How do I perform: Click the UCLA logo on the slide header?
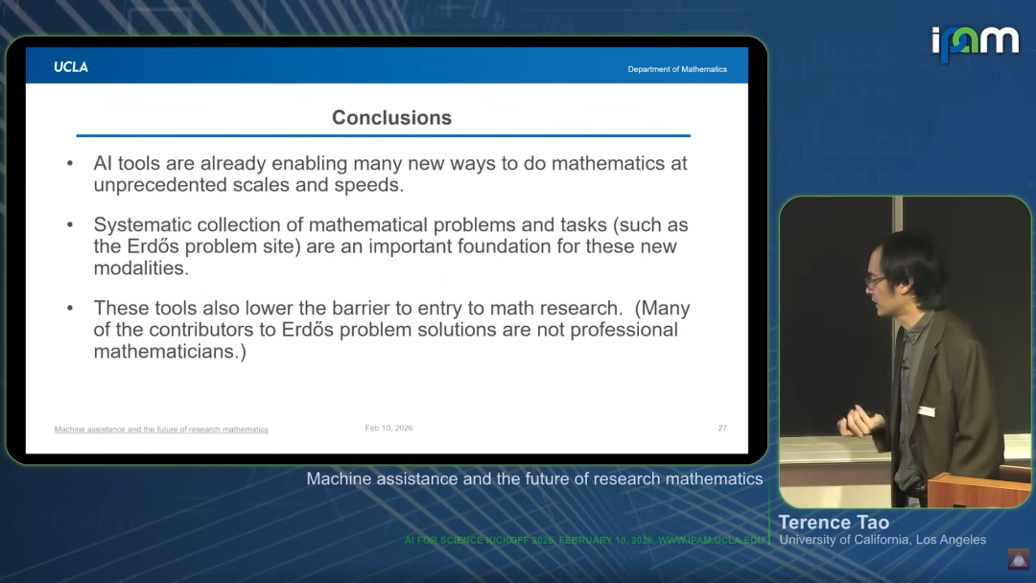pyautogui.click(x=71, y=67)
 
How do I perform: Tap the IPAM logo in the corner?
pyautogui.click(x=976, y=43)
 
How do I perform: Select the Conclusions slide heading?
pyautogui.click(x=391, y=118)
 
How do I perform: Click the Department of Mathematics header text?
pyautogui.click(x=677, y=69)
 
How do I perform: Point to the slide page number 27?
pyautogui.click(x=722, y=428)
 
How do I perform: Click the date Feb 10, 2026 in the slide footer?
pyautogui.click(x=388, y=428)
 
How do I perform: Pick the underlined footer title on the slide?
pyautogui.click(x=161, y=430)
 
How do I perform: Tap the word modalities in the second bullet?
pyautogui.click(x=141, y=268)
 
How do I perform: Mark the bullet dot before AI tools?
pyautogui.click(x=70, y=163)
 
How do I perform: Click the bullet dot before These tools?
pyautogui.click(x=70, y=308)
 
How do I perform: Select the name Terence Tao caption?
pyautogui.click(x=834, y=523)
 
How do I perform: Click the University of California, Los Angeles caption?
pyautogui.click(x=883, y=540)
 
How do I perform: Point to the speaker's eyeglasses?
pyautogui.click(x=875, y=281)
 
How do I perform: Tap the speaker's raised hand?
pyautogui.click(x=857, y=421)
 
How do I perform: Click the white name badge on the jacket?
pyautogui.click(x=927, y=411)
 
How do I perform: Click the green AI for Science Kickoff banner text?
pyautogui.click(x=584, y=540)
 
